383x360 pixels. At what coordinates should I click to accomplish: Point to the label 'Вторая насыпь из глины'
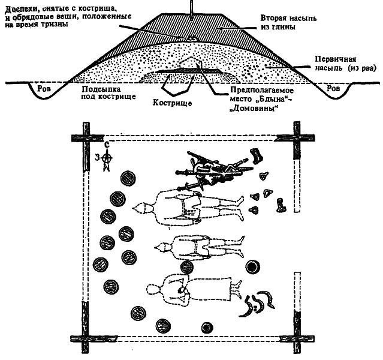(x=269, y=22)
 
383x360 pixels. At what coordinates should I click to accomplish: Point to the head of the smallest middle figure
(x=161, y=246)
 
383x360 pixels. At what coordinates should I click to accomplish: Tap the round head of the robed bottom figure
(x=156, y=292)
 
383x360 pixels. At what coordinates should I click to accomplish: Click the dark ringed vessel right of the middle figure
(x=253, y=268)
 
